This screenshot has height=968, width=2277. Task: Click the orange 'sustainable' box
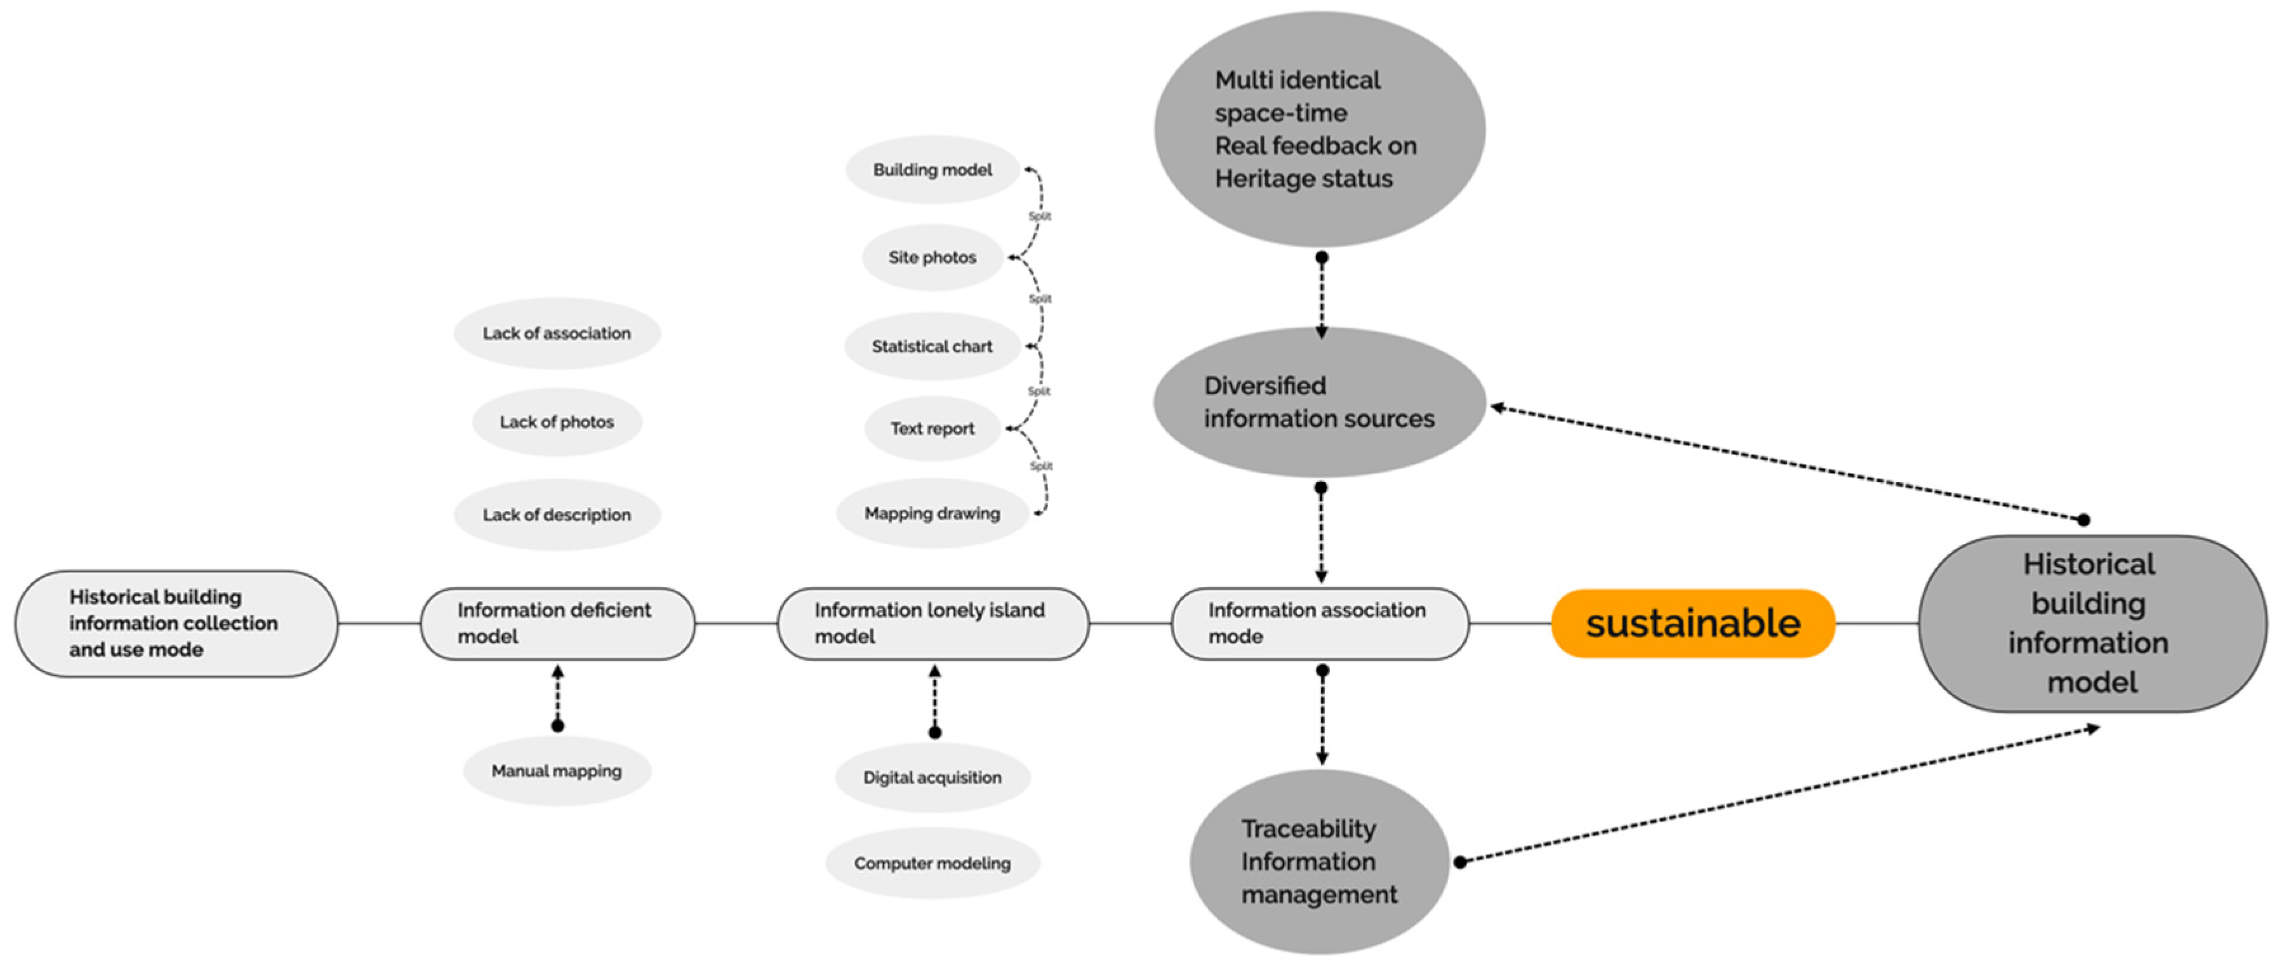(1693, 623)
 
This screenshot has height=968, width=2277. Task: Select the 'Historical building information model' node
(2092, 623)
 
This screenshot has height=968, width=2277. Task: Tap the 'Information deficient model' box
(557, 623)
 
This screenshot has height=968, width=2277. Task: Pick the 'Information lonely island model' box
(933, 623)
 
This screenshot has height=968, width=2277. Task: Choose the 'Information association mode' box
(1320, 623)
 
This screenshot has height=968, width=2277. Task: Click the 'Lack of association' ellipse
(557, 333)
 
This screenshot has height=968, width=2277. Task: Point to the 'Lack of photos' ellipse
(557, 421)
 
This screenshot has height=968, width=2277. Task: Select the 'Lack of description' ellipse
(557, 515)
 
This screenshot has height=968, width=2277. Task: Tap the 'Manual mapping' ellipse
(557, 771)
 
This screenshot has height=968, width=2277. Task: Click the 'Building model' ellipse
(933, 169)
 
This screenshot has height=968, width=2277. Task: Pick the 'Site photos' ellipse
(933, 257)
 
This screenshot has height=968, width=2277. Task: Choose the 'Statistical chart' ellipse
(933, 347)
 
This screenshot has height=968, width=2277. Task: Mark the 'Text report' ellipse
(933, 428)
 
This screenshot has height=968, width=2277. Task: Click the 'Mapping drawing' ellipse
(933, 514)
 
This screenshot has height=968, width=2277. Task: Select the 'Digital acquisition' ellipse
(933, 777)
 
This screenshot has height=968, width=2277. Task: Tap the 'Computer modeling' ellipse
(933, 863)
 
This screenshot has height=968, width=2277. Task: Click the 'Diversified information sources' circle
(1319, 402)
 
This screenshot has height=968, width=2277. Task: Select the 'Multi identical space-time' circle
(1319, 129)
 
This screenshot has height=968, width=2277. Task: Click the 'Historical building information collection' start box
(175, 623)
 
